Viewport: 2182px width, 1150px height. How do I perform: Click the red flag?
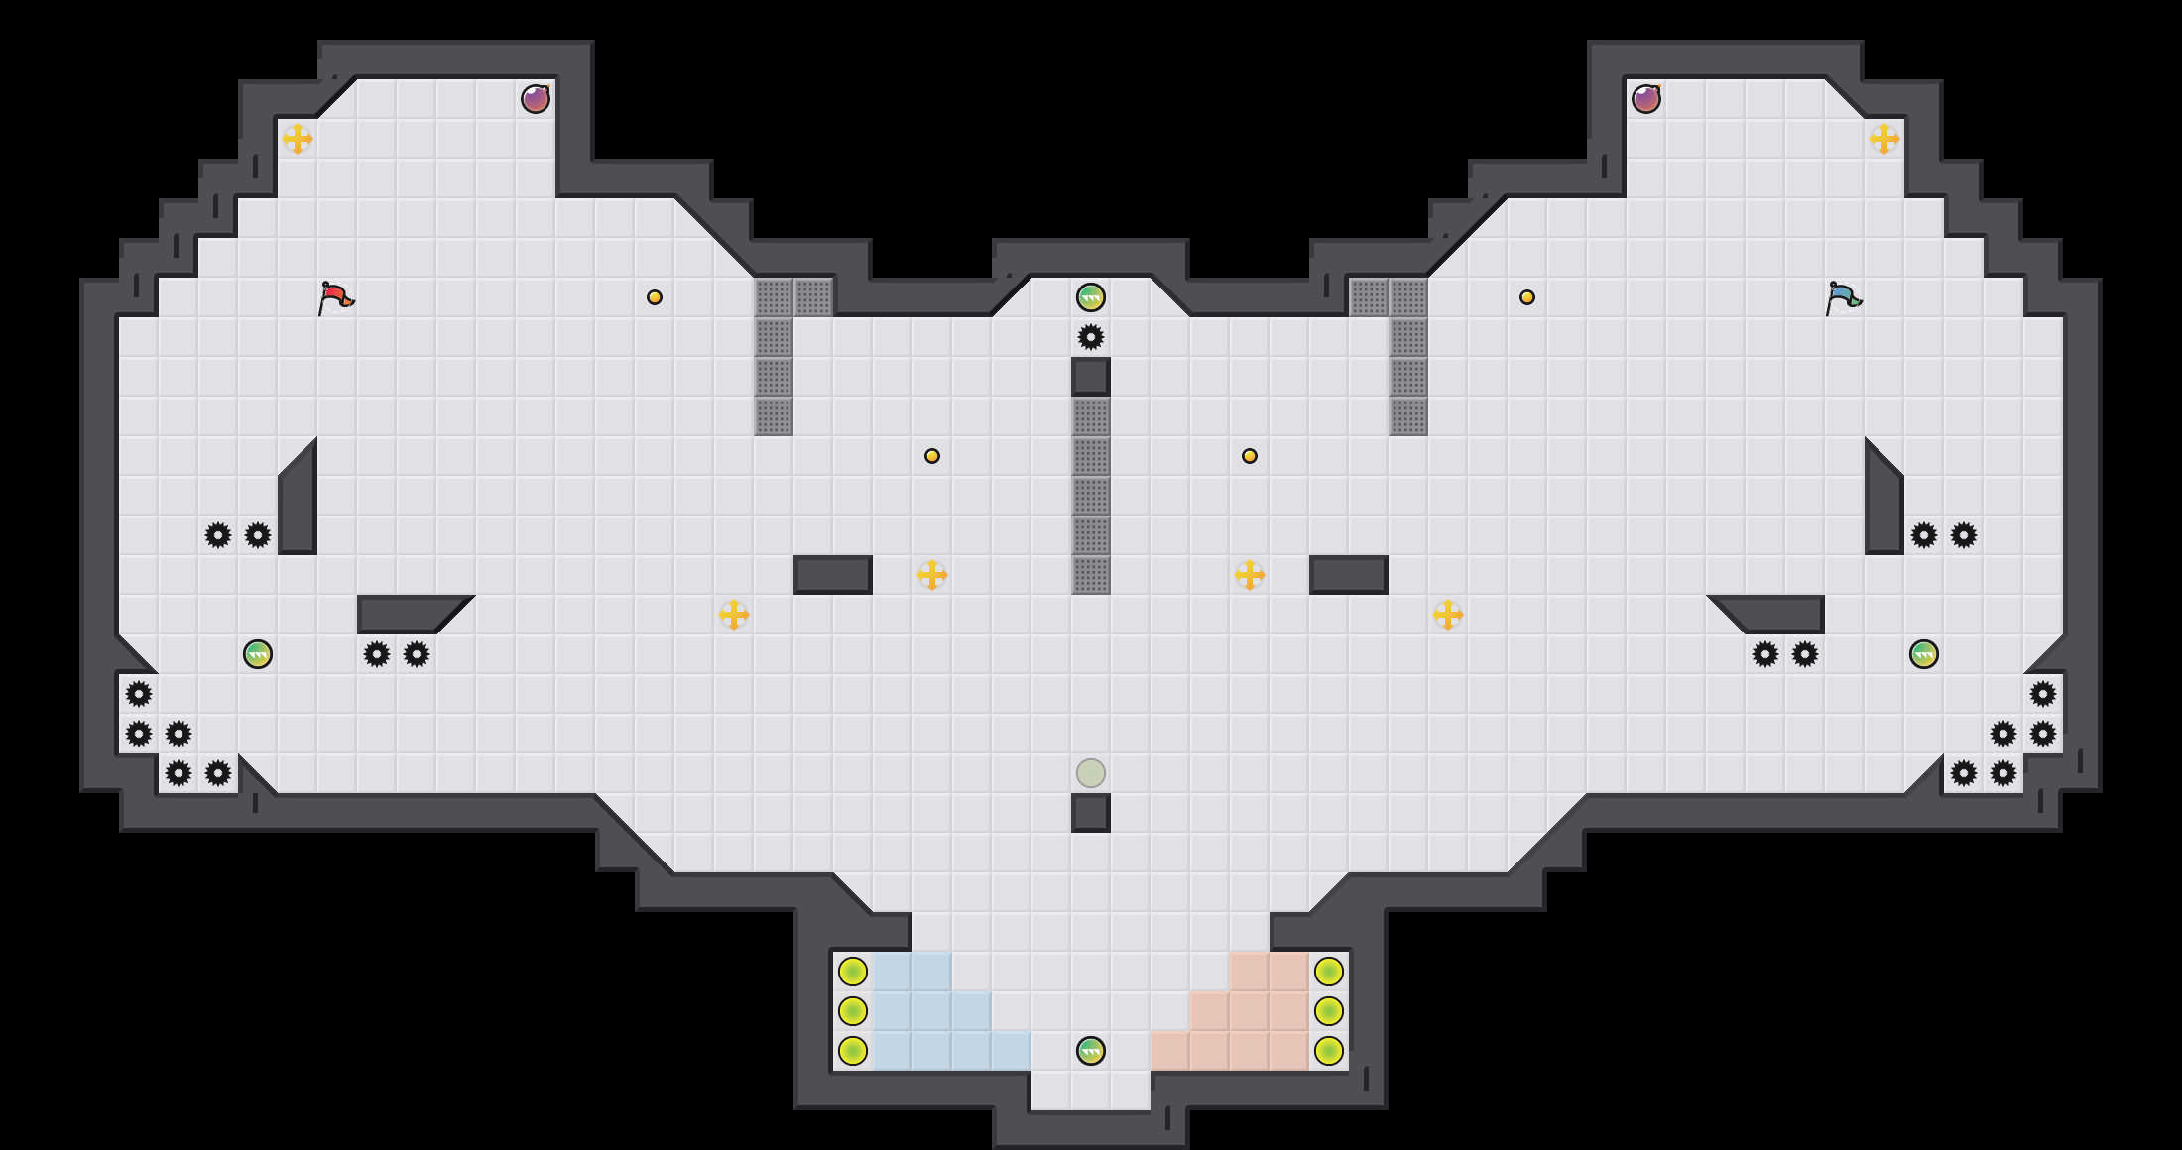pyautogui.click(x=335, y=296)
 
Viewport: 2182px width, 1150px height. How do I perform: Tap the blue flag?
pyautogui.click(x=1843, y=296)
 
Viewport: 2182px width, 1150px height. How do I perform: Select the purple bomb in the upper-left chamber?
pyautogui.click(x=536, y=99)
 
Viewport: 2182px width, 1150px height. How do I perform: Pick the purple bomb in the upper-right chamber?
pyautogui.click(x=1646, y=99)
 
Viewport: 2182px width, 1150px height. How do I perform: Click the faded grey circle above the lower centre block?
pyautogui.click(x=1091, y=773)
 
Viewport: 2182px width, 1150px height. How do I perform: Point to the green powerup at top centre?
pyautogui.click(x=1091, y=297)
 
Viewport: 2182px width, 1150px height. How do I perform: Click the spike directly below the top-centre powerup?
pyautogui.click(x=1091, y=337)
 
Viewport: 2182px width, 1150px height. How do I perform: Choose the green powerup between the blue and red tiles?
pyautogui.click(x=1091, y=1051)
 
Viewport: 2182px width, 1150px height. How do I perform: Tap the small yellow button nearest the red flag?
pyautogui.click(x=655, y=297)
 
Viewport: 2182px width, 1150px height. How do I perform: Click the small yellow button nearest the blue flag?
pyautogui.click(x=1527, y=297)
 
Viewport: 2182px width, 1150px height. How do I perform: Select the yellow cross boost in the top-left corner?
pyautogui.click(x=298, y=139)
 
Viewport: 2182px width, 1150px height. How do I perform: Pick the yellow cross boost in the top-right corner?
pyautogui.click(x=1884, y=139)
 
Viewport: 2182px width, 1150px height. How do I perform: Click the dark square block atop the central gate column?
pyautogui.click(x=1091, y=377)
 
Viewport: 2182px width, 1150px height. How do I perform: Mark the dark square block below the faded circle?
pyautogui.click(x=1091, y=813)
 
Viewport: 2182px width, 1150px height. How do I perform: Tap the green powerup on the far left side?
pyautogui.click(x=258, y=654)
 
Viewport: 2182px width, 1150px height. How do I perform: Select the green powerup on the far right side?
pyautogui.click(x=1924, y=654)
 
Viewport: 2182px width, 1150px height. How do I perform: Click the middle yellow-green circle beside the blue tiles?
pyautogui.click(x=853, y=1011)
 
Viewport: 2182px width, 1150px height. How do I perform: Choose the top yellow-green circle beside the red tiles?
pyautogui.click(x=1329, y=972)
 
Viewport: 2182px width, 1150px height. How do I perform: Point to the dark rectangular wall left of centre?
pyautogui.click(x=833, y=575)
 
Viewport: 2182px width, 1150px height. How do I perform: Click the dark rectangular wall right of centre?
pyautogui.click(x=1349, y=575)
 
